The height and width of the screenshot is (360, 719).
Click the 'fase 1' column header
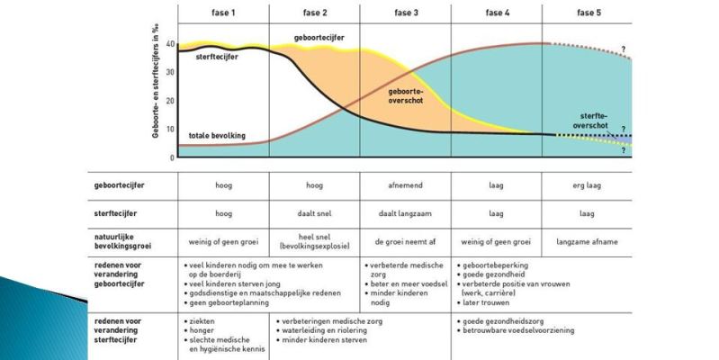(223, 13)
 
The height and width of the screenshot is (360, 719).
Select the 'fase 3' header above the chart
(405, 13)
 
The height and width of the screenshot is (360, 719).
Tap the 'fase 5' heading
(586, 13)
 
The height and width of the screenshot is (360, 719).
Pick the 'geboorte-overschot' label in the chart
(407, 96)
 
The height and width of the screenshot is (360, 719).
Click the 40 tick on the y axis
(171, 46)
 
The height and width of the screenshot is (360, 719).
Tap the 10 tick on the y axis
(171, 130)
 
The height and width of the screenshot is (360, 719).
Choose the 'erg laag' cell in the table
(586, 185)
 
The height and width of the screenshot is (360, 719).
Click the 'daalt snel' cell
(314, 214)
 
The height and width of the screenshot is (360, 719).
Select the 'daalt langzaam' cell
(405, 214)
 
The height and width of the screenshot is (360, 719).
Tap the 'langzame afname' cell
(586, 242)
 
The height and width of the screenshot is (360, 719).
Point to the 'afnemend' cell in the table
(405, 185)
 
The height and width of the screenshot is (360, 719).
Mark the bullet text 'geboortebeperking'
(497, 266)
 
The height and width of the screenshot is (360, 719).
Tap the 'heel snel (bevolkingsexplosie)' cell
(314, 242)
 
